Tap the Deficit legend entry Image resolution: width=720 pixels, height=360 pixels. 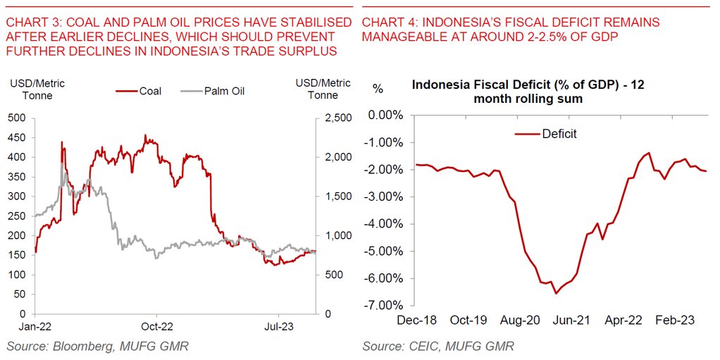(559, 134)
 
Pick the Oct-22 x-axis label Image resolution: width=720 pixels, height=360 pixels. (156, 326)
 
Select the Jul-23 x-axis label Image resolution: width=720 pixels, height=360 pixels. (279, 326)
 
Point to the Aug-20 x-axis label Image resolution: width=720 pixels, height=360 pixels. (521, 320)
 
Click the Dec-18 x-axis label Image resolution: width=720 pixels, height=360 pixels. (416, 320)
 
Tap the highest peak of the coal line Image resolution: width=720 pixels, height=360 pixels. (145, 135)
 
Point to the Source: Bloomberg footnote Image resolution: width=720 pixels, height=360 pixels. (98, 346)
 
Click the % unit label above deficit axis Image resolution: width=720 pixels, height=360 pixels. (378, 89)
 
